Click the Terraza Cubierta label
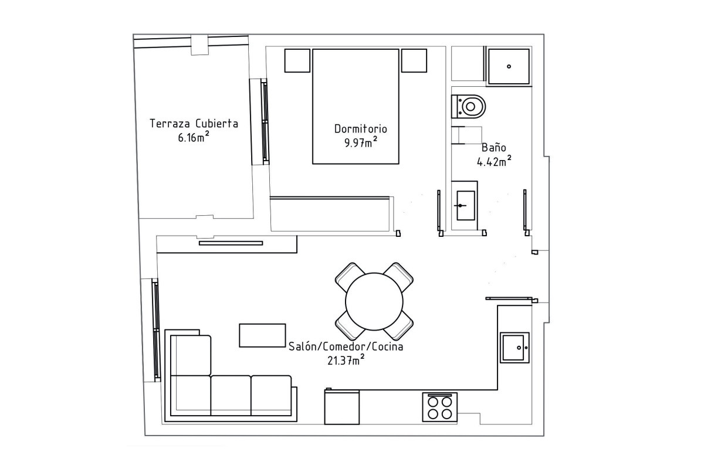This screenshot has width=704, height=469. click(194, 124)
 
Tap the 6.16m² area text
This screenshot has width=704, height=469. click(194, 137)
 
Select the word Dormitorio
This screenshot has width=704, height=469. click(360, 129)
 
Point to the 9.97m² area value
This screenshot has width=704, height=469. click(361, 142)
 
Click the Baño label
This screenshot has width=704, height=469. click(494, 147)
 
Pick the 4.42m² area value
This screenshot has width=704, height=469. click(494, 161)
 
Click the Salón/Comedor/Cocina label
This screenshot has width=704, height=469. click(346, 347)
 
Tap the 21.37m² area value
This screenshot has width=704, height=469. click(346, 360)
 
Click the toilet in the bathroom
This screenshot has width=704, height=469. click(468, 107)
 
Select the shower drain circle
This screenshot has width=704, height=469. click(509, 67)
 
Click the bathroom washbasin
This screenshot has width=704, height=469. click(465, 205)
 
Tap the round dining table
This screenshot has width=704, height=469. click(374, 301)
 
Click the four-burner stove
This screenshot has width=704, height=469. click(439, 407)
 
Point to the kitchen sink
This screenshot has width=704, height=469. click(515, 348)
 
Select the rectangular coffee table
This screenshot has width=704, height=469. click(262, 335)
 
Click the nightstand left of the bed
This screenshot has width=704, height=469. click(297, 60)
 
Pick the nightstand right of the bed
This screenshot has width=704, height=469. click(414, 60)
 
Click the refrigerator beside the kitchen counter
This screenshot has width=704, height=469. click(341, 407)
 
